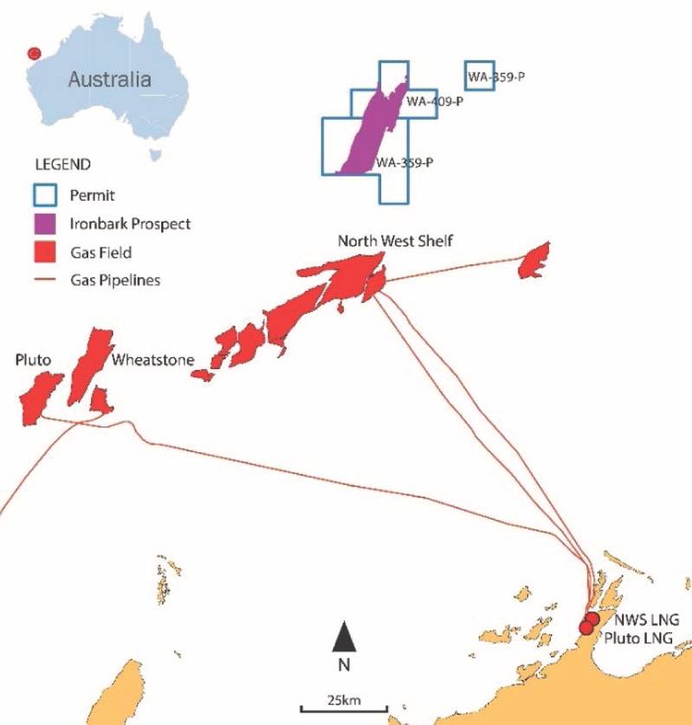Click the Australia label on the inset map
[x=109, y=81]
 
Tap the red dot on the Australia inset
[x=35, y=54]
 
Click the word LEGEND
[x=62, y=163]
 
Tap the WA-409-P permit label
[x=435, y=101]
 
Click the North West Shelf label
[x=394, y=241]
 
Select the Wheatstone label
[x=152, y=359]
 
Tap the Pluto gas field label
[x=32, y=359]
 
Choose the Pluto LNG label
[x=642, y=638]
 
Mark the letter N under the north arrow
[x=344, y=665]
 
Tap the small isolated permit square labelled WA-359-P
[x=479, y=74]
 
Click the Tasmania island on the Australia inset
[x=155, y=154]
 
